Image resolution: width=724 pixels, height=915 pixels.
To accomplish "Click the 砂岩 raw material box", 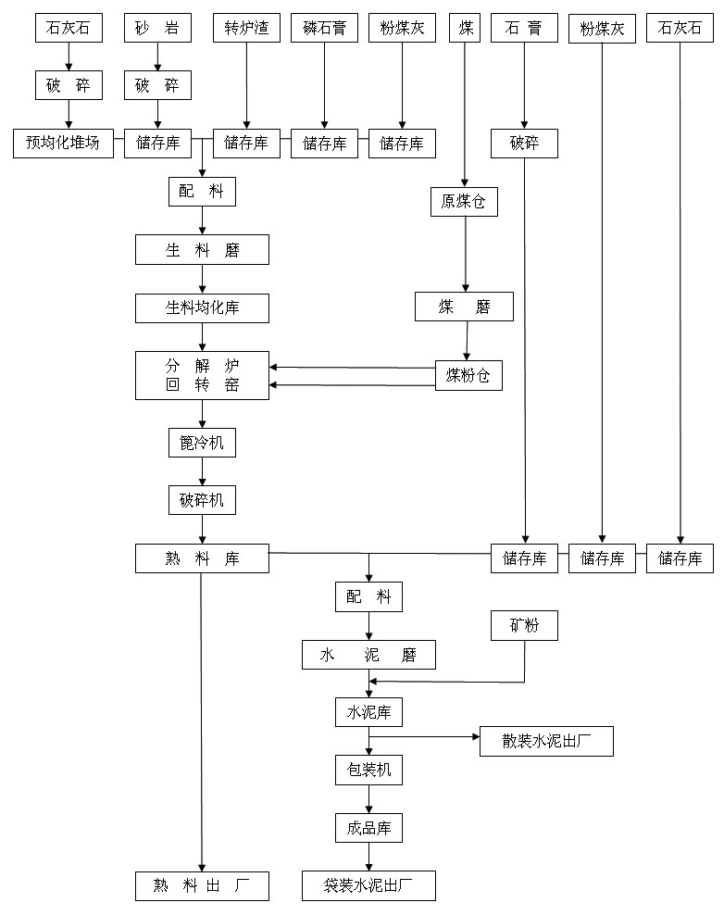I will [157, 29].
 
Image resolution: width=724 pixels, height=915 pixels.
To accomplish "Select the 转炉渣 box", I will [246, 29].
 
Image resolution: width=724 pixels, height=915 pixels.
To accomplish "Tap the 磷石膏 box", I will [324, 29].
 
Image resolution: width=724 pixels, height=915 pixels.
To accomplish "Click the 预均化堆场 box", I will [69, 144].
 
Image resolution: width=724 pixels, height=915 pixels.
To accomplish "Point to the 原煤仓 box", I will [464, 202].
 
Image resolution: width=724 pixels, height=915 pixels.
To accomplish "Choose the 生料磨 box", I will [202, 250].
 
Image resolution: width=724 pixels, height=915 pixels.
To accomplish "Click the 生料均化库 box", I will [202, 308].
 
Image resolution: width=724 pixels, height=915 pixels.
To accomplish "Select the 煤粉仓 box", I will [468, 376].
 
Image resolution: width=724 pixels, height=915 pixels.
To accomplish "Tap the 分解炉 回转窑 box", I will [202, 375].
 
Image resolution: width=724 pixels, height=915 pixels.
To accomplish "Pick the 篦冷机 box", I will [202, 443].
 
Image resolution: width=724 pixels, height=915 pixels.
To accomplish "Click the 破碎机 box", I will [202, 501].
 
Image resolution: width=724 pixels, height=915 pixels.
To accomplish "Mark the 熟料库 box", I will [202, 558].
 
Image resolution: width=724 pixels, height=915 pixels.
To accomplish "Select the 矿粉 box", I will [525, 626].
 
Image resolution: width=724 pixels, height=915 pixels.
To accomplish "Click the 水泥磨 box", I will [368, 656].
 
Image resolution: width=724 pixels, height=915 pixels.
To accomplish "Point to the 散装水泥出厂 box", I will [546, 742].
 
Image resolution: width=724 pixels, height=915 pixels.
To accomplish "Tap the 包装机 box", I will [368, 770].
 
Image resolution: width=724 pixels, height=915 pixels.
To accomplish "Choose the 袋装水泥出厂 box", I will [368, 885].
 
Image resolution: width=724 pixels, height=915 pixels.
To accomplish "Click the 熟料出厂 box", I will [202, 885].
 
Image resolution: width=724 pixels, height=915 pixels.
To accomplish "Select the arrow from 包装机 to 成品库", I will [368, 798].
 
